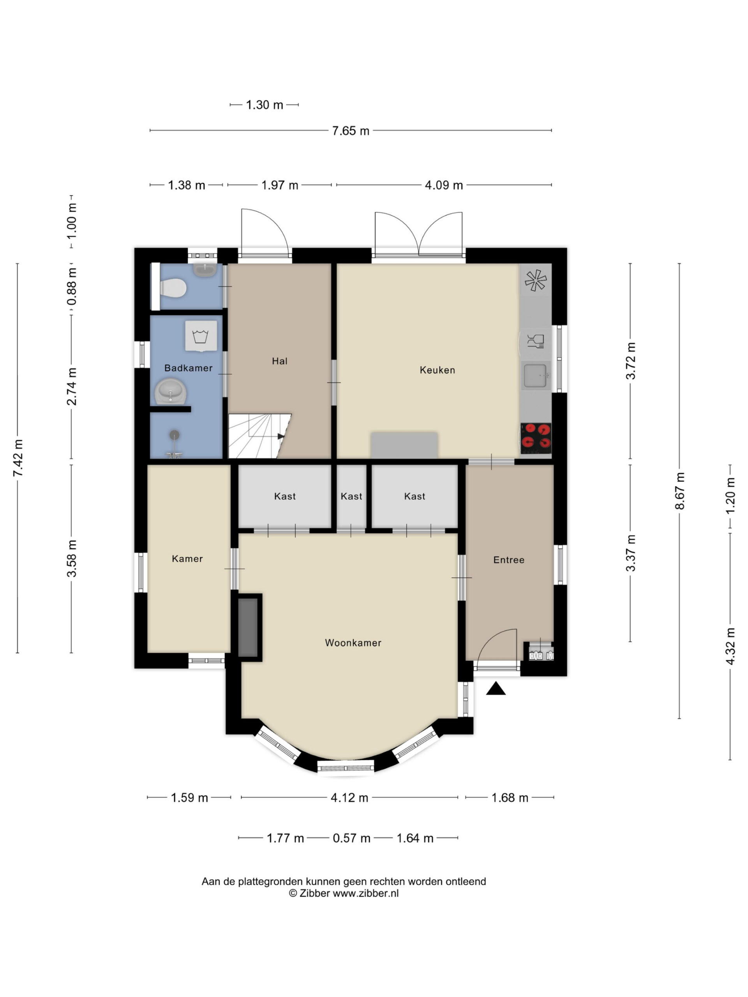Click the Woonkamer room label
coord(353,643)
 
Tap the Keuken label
coord(438,370)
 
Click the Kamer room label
coord(187,558)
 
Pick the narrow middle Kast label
coord(351,496)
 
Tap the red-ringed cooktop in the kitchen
coord(536,438)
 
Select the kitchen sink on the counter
coord(536,375)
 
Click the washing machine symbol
coord(201,336)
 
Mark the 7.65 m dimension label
coord(350,131)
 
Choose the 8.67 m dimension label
coord(679,491)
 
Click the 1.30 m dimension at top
coord(264,104)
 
